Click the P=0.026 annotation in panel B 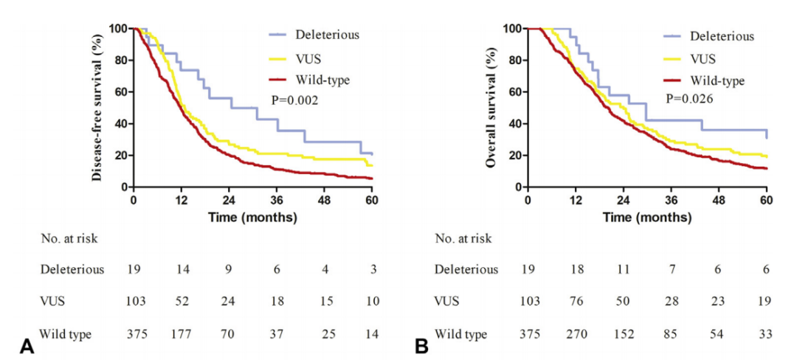point(688,98)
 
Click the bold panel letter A point(27,345)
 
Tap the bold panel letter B point(421,345)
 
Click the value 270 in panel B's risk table point(576,334)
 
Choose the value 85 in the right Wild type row point(671,334)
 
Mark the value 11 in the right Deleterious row point(624,269)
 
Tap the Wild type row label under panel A point(66,334)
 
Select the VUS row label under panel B point(447,302)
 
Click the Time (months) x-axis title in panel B point(647,218)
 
